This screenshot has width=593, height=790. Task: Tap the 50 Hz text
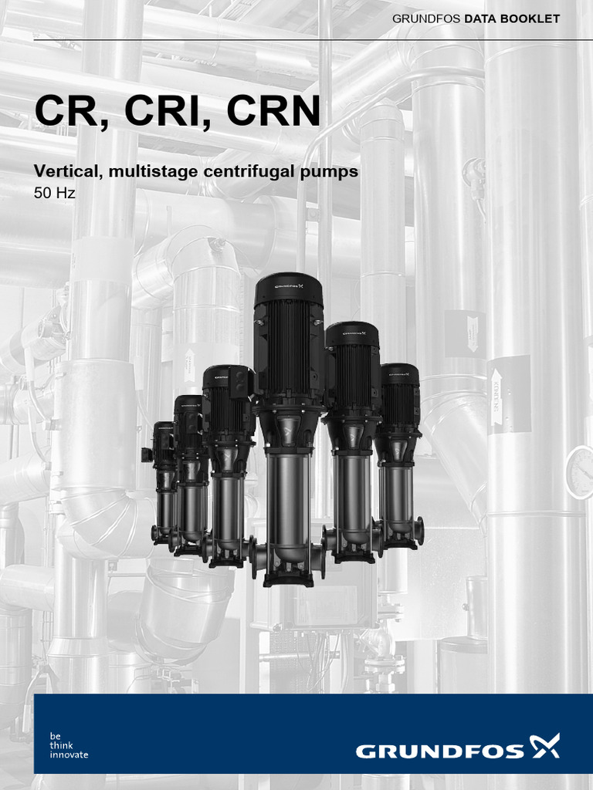coord(54,194)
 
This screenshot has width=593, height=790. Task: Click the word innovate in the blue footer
coord(69,755)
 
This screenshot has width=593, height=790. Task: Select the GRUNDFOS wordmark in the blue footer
coord(440,749)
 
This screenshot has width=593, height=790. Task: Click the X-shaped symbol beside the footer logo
coord(545,746)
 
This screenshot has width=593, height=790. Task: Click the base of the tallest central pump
coord(288,577)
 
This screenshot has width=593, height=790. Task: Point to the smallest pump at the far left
coord(163,482)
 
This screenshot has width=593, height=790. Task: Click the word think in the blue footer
coord(62,745)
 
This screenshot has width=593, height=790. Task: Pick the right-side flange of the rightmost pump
coord(419,530)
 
